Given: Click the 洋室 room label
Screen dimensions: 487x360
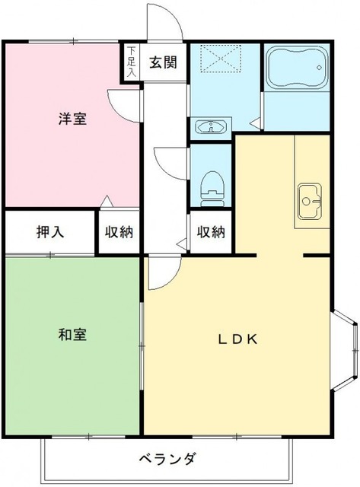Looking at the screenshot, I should point(73,119).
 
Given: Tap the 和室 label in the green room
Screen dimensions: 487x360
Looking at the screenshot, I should point(72,334).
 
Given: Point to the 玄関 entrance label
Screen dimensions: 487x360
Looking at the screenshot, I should point(163,63).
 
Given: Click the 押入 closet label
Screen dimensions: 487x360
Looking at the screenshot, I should point(49,232).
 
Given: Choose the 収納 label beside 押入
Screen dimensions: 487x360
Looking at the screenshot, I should point(119,232).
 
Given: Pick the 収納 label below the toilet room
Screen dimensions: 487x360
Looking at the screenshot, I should point(211,232).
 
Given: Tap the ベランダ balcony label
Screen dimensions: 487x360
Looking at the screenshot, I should point(169,459).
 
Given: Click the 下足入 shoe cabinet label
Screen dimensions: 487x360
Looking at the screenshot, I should point(132,63).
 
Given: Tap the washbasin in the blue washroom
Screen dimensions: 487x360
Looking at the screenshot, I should point(211,126).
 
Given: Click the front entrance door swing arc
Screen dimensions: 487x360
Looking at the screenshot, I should point(166,21).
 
